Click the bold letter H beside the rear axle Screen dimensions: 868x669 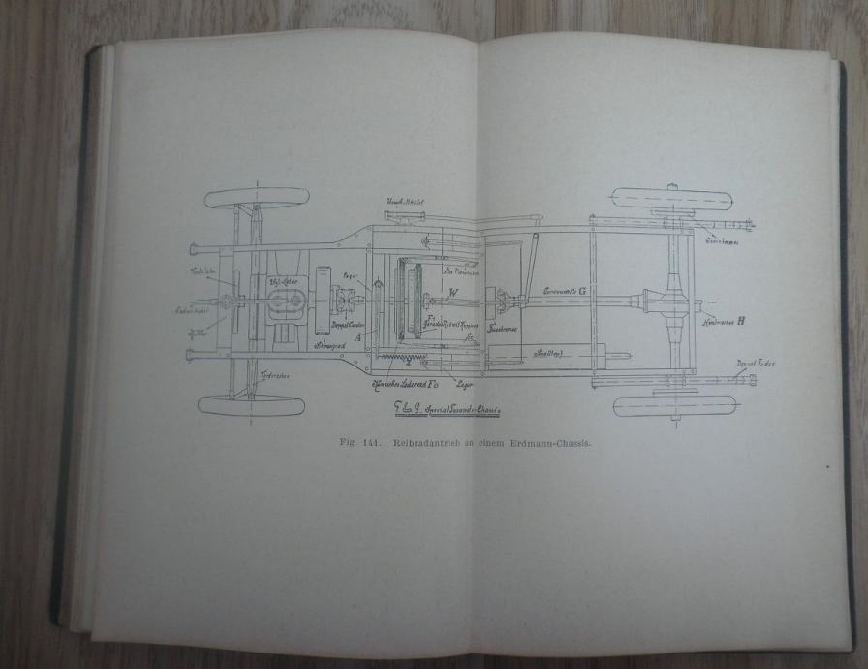click(740, 319)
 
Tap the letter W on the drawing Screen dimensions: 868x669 click(452, 293)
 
